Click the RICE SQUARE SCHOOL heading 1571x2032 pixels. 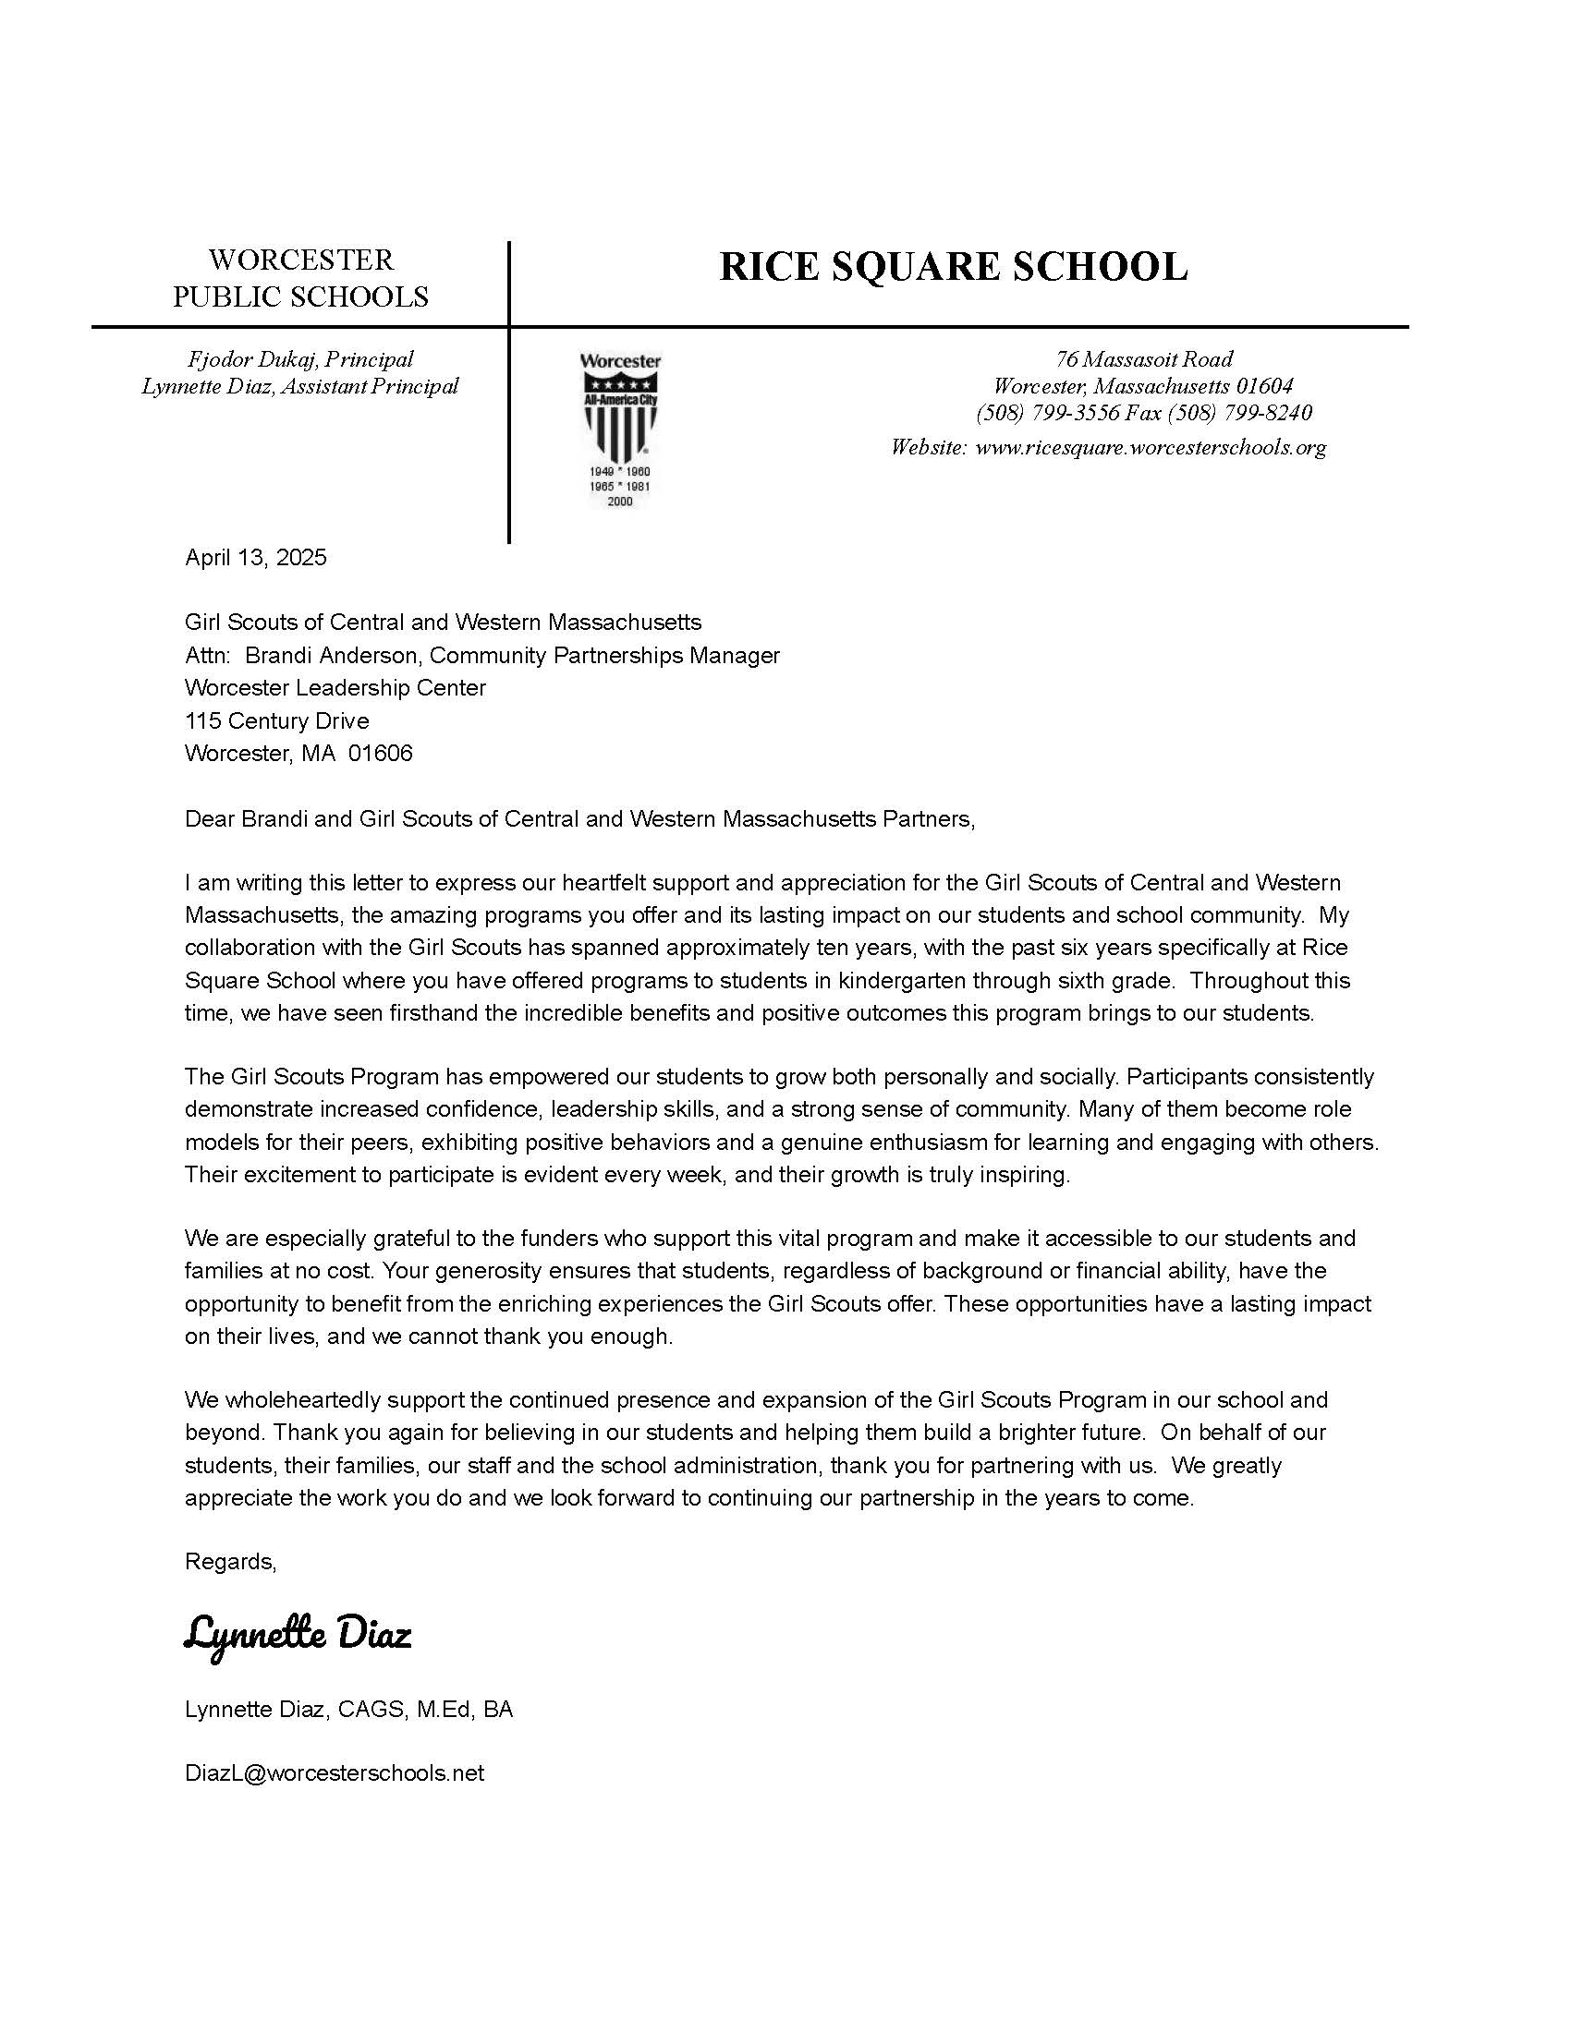(953, 266)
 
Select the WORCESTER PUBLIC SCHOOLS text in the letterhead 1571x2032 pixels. (300, 278)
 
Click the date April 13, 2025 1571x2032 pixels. (256, 557)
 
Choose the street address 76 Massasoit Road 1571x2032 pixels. (1144, 359)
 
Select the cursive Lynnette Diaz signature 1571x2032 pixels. (298, 1634)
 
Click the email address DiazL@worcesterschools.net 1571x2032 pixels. (335, 1772)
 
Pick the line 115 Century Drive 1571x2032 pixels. (277, 720)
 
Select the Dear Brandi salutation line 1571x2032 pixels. (579, 818)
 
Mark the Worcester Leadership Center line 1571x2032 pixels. (335, 687)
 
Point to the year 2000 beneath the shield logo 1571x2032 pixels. (620, 502)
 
